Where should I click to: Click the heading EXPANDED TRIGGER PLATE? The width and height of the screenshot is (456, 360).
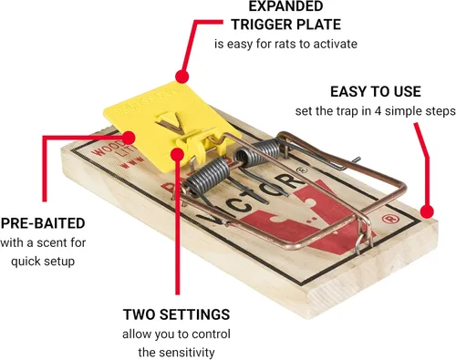(285, 15)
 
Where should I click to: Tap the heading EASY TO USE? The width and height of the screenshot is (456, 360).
(376, 92)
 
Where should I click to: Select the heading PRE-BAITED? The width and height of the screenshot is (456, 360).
(43, 223)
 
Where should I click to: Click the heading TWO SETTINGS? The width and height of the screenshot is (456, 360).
(176, 314)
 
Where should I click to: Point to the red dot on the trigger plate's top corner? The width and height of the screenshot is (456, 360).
(181, 77)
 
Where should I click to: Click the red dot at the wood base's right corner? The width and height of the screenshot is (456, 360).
(427, 211)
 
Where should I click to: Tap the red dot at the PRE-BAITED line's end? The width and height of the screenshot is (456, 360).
(129, 138)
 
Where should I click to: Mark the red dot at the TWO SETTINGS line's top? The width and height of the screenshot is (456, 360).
(178, 154)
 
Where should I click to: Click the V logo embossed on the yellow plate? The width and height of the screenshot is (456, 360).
(170, 121)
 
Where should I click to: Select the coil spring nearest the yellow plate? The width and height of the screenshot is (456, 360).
(207, 177)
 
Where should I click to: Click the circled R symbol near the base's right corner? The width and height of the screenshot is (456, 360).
(388, 220)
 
